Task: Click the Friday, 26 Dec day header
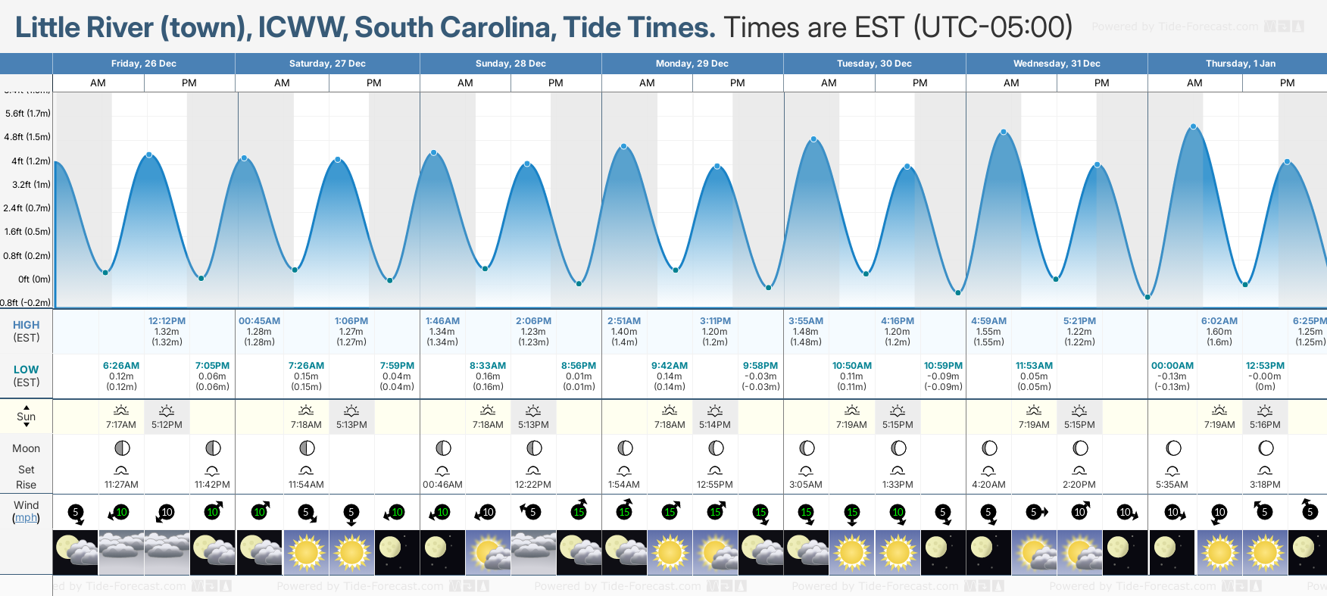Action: [143, 64]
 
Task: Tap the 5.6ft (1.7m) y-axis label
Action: [28, 114]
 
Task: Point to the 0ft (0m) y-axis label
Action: [35, 279]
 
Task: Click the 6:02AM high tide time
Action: [1219, 321]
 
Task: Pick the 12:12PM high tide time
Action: [167, 321]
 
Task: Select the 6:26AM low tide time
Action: [121, 366]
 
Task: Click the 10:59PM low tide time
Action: [943, 366]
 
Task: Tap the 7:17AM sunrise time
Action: [121, 425]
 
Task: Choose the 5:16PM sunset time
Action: [1265, 425]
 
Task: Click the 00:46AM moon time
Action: [442, 485]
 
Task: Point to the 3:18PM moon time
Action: [1265, 485]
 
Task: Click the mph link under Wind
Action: [26, 518]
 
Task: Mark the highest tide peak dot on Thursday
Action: [1194, 126]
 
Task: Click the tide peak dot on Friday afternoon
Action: [149, 154]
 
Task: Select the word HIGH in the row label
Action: [26, 325]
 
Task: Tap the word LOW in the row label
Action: [26, 370]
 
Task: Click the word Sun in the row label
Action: [26, 417]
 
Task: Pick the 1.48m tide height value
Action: [805, 332]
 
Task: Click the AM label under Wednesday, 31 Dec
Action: [1011, 83]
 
